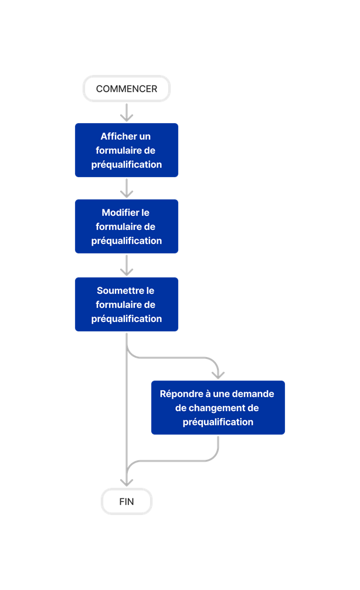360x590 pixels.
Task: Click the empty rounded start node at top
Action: click(x=127, y=89)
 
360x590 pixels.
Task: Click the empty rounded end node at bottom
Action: click(x=127, y=501)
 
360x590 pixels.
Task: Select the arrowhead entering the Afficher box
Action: click(x=127, y=117)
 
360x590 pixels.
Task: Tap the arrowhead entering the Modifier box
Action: click(x=127, y=193)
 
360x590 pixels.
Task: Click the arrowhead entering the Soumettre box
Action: click(x=127, y=271)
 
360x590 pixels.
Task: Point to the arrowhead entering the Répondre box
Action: click(x=218, y=374)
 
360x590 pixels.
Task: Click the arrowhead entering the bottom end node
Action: click(x=127, y=482)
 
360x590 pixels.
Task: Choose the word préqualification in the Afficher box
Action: click(x=127, y=164)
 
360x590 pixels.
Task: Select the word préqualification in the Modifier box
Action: click(x=127, y=240)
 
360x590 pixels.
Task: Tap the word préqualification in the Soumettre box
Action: click(x=127, y=318)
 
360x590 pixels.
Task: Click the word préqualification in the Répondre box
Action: click(x=218, y=422)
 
